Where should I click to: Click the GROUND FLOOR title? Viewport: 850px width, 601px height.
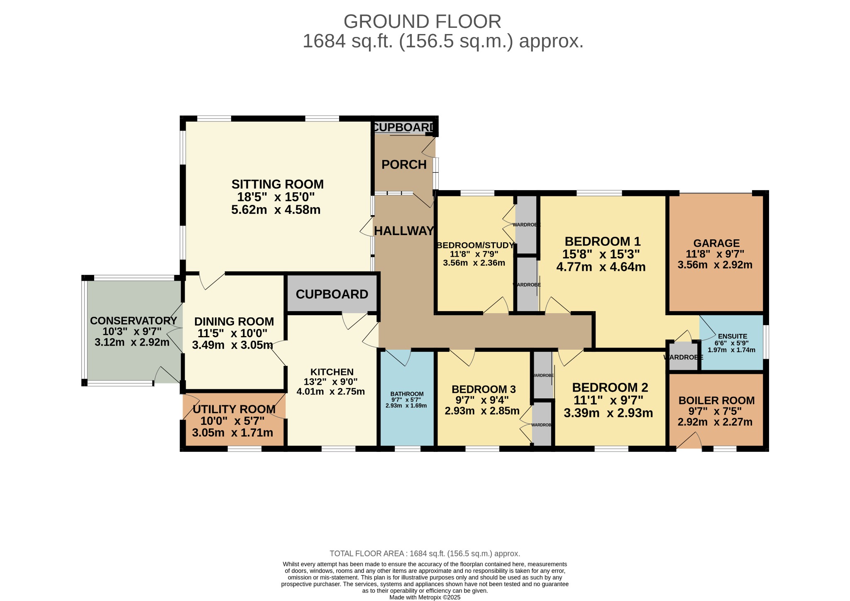[422, 22]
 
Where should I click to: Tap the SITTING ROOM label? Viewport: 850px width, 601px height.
[277, 184]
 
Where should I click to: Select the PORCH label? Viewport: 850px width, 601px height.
[404, 164]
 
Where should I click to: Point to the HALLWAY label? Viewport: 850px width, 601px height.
[404, 231]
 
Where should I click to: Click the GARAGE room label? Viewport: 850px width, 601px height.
[716, 243]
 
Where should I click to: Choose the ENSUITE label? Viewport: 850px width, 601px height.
[733, 336]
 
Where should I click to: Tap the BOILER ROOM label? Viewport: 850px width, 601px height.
[716, 400]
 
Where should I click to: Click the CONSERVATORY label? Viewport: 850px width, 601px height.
[134, 321]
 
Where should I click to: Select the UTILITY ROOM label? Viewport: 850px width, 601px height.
[234, 409]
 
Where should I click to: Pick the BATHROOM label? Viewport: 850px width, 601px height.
[407, 394]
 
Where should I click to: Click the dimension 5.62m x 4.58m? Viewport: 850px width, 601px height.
[276, 210]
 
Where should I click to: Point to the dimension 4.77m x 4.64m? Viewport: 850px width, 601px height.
[601, 267]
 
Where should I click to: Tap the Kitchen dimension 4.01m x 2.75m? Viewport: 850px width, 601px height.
[331, 391]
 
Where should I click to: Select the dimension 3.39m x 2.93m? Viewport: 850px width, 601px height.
[608, 413]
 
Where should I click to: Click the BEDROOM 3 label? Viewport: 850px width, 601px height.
[484, 389]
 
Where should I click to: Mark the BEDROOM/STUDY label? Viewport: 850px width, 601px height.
[475, 245]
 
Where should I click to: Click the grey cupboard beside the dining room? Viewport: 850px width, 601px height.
[332, 294]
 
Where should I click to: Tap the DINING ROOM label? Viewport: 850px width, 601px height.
[234, 321]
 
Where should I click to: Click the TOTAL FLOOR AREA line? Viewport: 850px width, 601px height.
[425, 554]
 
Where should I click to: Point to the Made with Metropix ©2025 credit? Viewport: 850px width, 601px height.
[425, 597]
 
